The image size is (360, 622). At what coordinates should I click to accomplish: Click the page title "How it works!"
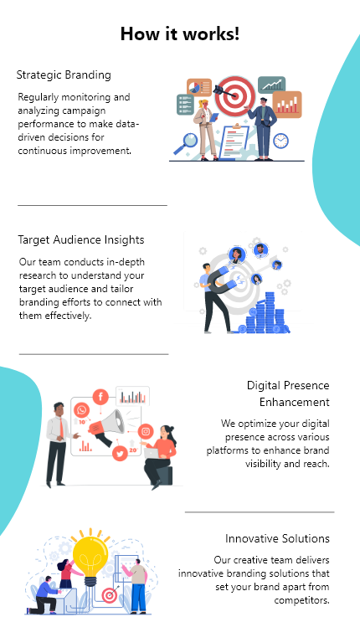pos(180,33)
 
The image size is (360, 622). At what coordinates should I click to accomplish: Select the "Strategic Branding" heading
pos(64,75)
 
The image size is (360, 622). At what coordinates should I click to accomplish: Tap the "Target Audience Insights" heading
pos(81,240)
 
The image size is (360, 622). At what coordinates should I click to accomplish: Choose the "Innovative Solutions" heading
pos(277,538)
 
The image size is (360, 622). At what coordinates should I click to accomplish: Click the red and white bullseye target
pos(235,95)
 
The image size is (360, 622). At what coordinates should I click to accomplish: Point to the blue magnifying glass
pos(185,144)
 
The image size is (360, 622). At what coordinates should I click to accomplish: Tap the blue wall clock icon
pos(280,141)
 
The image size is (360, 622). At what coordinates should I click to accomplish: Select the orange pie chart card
pos(199,87)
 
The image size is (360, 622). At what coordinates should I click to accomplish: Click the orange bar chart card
pos(287,105)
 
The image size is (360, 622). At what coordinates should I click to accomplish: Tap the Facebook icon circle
pos(100,397)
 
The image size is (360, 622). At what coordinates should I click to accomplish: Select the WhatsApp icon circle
pos(82,410)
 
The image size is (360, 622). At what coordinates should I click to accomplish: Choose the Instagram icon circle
pos(146,431)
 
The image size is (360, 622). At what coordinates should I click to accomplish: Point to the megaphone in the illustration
pos(106,427)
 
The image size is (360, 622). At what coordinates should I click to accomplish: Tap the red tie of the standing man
pos(62,428)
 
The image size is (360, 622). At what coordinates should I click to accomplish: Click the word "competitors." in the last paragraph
pos(301,600)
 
